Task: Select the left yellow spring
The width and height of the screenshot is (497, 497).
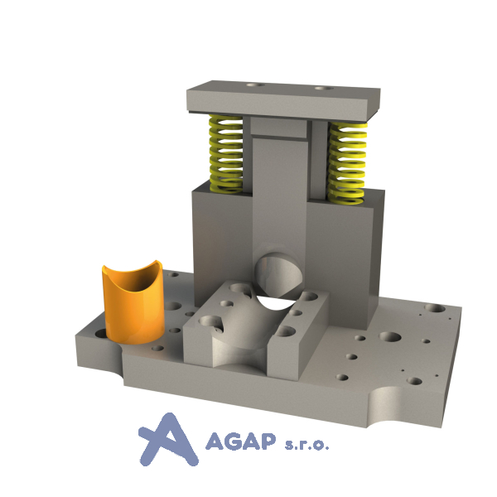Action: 226,154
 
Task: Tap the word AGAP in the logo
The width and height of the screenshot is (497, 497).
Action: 240,441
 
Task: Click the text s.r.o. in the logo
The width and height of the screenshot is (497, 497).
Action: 306,445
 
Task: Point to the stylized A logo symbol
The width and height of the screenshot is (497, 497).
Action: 168,440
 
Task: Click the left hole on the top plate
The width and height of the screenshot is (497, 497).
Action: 255,85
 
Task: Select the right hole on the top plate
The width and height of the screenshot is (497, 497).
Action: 324,88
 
